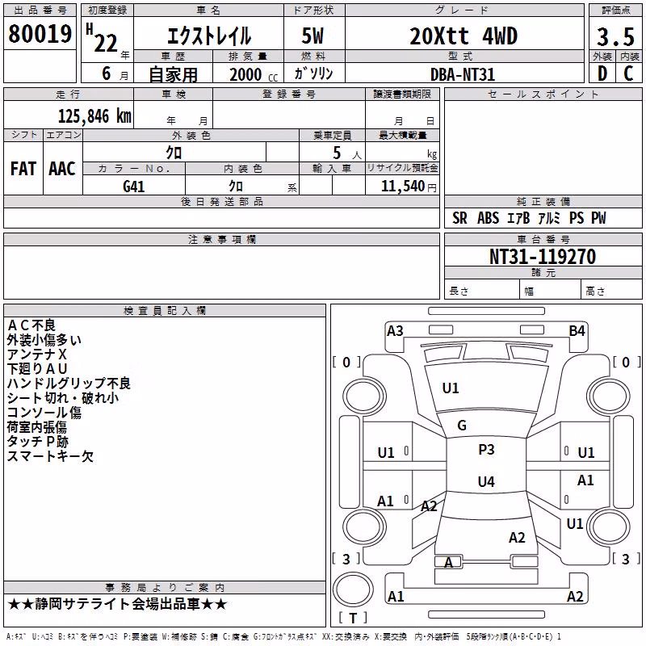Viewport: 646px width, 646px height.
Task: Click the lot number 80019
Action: point(40,34)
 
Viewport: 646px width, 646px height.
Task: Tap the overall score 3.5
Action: point(615,37)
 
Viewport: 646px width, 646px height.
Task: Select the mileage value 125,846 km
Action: point(94,116)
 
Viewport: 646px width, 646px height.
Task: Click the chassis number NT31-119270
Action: point(543,257)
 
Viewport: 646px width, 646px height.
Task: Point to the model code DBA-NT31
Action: point(462,74)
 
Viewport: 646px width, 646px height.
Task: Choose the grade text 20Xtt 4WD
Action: point(464,36)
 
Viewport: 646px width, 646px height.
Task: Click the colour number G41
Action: point(134,187)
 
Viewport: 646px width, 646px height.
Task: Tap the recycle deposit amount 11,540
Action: point(403,187)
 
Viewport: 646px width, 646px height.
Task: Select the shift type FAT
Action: point(23,169)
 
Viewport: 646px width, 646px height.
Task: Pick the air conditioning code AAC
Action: point(62,169)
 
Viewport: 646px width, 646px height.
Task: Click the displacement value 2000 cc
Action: point(254,74)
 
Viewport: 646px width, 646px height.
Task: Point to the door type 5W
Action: point(313,36)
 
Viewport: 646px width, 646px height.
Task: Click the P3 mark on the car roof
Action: point(486,450)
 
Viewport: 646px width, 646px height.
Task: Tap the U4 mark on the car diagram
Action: point(486,481)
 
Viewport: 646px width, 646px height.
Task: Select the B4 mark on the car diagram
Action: point(577,331)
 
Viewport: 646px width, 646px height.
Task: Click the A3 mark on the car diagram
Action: point(395,331)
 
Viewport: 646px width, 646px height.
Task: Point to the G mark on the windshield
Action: point(462,426)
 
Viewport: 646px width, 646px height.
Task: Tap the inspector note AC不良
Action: point(31,325)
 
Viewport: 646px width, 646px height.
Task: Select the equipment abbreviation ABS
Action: point(488,218)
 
